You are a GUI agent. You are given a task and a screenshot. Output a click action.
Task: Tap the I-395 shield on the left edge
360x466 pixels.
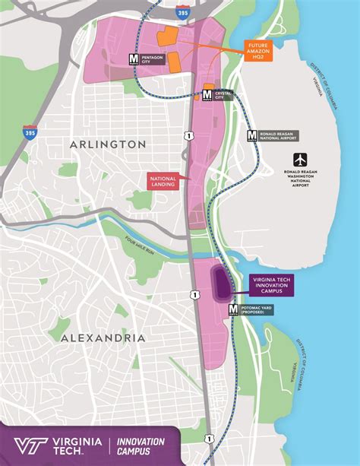click(30, 132)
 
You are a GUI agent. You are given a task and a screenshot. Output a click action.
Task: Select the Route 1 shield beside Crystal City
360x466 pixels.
click(188, 135)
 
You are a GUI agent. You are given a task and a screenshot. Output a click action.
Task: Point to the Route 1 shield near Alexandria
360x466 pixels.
click(194, 294)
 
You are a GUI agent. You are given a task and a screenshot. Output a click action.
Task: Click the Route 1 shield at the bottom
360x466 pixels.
click(208, 438)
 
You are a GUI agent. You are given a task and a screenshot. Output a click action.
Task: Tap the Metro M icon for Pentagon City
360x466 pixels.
click(133, 58)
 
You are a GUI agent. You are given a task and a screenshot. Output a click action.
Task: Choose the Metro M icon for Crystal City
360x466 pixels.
click(208, 94)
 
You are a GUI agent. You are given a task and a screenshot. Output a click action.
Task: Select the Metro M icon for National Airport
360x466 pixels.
click(252, 135)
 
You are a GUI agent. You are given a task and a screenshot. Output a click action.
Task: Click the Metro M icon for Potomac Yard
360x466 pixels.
click(232, 309)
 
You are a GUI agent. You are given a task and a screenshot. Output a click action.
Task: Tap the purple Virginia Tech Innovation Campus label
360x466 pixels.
click(271, 285)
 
